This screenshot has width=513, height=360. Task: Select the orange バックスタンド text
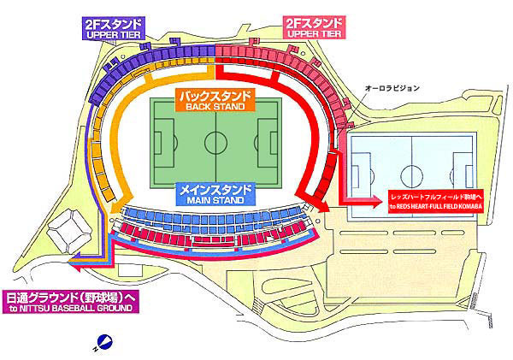(215, 96)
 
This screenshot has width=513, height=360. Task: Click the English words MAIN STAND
(215, 198)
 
